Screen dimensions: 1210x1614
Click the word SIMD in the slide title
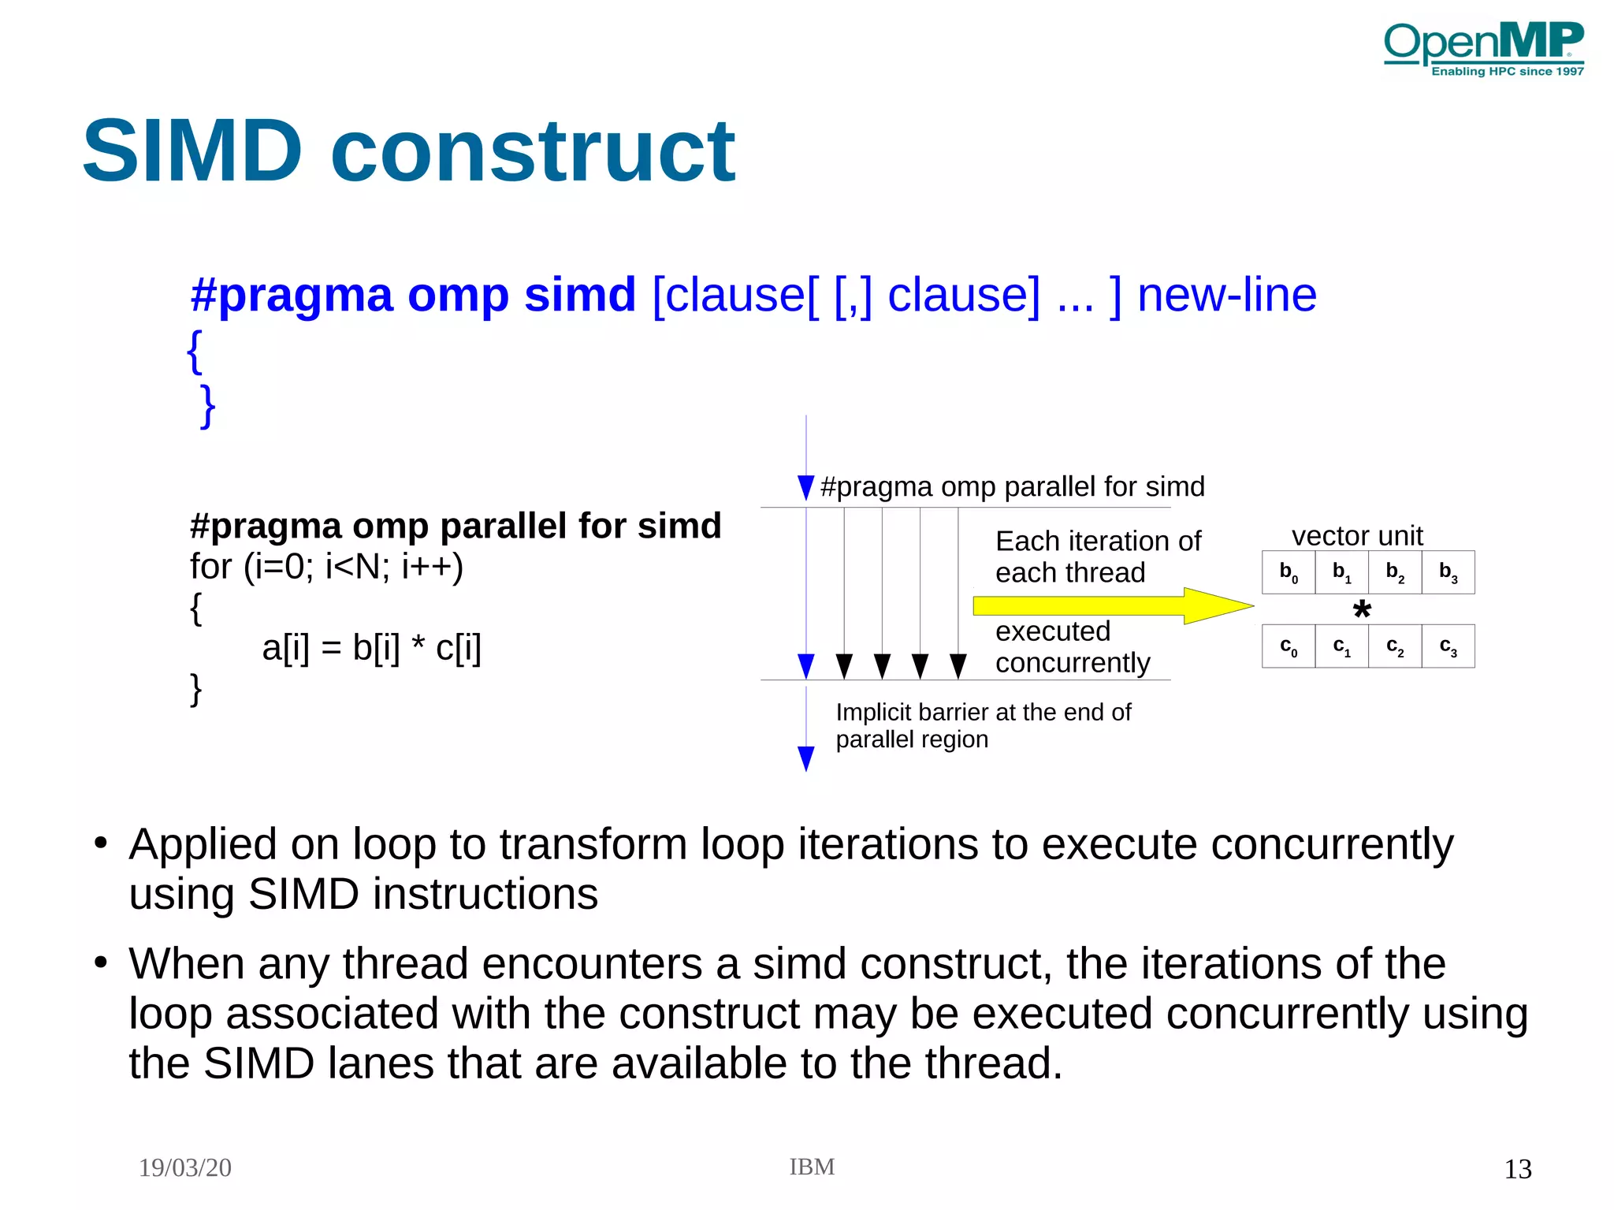[192, 151]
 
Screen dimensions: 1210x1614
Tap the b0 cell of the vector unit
[1288, 572]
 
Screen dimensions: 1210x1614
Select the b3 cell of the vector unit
[1448, 572]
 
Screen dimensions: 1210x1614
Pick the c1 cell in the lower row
[1341, 646]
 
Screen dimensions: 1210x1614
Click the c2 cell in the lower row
[1394, 646]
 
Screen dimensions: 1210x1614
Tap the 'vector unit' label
[1357, 536]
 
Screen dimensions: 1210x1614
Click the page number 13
[1517, 1169]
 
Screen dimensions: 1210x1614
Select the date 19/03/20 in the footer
[185, 1167]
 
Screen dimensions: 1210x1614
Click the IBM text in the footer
[812, 1167]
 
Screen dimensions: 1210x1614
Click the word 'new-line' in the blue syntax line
[1226, 295]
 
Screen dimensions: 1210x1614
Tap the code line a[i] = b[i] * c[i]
[371, 648]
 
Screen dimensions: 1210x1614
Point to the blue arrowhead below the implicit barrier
[805, 758]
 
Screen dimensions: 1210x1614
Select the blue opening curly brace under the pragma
[195, 352]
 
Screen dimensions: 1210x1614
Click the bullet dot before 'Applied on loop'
[100, 843]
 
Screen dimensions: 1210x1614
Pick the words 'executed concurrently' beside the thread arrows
[1072, 647]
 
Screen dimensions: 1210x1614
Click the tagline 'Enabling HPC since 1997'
[1507, 72]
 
